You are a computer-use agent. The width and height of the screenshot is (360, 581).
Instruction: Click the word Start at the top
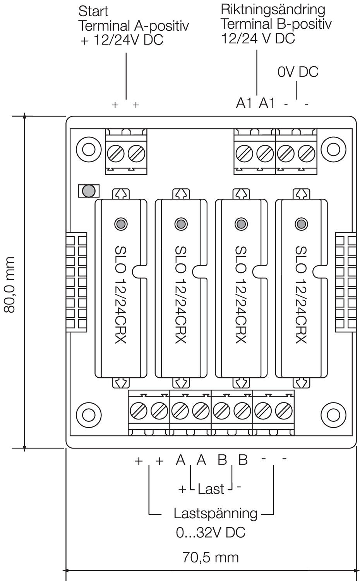click(93, 11)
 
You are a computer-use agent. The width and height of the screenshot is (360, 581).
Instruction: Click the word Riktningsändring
click(273, 9)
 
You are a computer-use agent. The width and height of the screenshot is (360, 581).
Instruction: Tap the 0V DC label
click(298, 72)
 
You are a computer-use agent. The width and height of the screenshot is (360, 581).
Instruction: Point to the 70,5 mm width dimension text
click(210, 557)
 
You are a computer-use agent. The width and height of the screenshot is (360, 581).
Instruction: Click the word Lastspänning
click(215, 514)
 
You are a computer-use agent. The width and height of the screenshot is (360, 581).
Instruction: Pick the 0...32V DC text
click(211, 533)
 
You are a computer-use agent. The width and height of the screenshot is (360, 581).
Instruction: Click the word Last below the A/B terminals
click(211, 489)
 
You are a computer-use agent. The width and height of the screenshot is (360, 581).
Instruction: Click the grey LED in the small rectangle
click(89, 191)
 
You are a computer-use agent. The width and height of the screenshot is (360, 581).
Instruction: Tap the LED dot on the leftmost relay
click(120, 224)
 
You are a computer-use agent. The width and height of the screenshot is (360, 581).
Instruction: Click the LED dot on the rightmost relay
click(301, 224)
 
